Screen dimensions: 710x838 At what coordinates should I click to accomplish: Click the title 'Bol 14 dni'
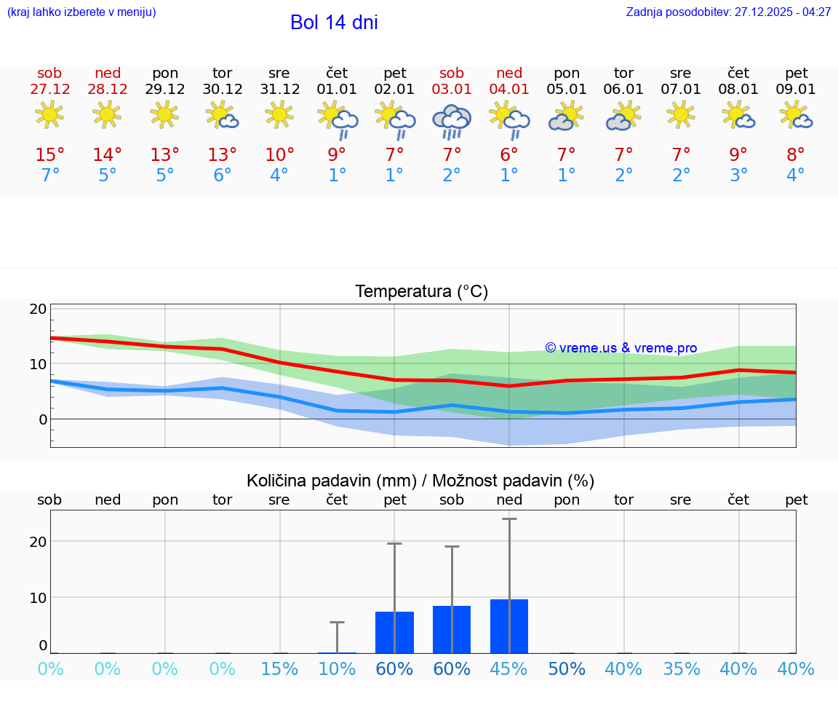tap(334, 23)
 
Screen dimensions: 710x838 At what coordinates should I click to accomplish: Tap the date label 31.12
tap(279, 90)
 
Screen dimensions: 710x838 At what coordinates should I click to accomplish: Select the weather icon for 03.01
tap(452, 120)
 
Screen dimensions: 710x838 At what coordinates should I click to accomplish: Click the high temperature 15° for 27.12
tap(50, 154)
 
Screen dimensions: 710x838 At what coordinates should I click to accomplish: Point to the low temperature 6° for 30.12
tap(222, 175)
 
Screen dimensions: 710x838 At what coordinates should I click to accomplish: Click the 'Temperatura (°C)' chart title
tap(421, 292)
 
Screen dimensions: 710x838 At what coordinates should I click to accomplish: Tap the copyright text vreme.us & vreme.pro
tap(620, 348)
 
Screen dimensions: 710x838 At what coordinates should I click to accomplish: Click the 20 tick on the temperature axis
tap(39, 309)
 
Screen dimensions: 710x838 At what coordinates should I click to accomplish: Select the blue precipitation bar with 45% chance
tap(509, 626)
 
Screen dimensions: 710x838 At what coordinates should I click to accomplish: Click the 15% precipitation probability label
tap(279, 669)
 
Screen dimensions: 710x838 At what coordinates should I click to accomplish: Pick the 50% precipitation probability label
tap(567, 669)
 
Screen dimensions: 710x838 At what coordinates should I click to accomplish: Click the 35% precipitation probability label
tap(681, 669)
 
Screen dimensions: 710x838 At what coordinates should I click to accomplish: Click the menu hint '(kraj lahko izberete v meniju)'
tap(81, 12)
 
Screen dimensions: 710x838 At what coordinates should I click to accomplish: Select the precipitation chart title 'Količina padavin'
tap(420, 481)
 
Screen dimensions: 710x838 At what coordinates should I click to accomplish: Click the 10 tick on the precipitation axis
tap(39, 597)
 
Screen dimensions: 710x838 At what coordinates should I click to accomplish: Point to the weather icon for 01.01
tap(337, 119)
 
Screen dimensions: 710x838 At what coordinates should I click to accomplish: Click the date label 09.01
tap(796, 90)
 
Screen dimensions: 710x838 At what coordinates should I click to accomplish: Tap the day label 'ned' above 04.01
tap(509, 74)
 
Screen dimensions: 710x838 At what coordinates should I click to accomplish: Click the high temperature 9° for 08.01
tap(738, 154)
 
